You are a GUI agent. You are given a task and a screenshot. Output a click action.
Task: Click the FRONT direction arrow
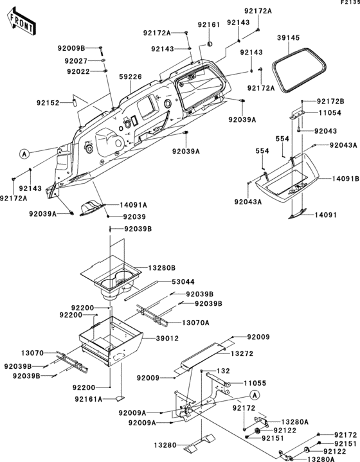pyautogui.click(x=21, y=22)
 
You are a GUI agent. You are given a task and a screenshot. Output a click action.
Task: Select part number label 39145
pyautogui.click(x=289, y=38)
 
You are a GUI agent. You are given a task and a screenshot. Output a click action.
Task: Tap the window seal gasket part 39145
pyautogui.click(x=299, y=70)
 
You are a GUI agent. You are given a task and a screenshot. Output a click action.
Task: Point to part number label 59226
pyautogui.click(x=130, y=77)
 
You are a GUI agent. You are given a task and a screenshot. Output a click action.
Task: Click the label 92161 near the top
pyautogui.click(x=209, y=25)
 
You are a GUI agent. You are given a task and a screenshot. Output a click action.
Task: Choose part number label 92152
pyautogui.click(x=48, y=103)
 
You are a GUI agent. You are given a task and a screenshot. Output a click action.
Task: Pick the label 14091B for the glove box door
pyautogui.click(x=346, y=179)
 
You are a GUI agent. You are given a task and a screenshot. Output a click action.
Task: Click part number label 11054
pyautogui.click(x=330, y=113)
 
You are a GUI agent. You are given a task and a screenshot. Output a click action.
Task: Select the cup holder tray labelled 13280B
pyautogui.click(x=111, y=280)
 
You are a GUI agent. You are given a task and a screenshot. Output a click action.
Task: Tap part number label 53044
pyautogui.click(x=183, y=282)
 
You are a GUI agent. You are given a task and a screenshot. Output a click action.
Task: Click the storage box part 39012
pyautogui.click(x=111, y=341)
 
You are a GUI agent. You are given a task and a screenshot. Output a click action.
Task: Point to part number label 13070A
pyautogui.click(x=195, y=323)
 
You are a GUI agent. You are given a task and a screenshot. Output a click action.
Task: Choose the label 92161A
pyautogui.click(x=88, y=399)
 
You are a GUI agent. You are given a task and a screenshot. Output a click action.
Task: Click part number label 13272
pyautogui.click(x=242, y=353)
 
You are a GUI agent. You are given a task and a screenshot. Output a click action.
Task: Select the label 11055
pyautogui.click(x=255, y=384)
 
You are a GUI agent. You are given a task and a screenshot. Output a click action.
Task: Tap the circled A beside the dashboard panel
pyautogui.click(x=24, y=154)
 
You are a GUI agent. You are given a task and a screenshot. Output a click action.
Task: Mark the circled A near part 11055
pyautogui.click(x=255, y=395)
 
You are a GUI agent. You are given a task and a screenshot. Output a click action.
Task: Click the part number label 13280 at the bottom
pyautogui.click(x=165, y=445)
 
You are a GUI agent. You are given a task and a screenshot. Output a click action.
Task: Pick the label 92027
pyautogui.click(x=76, y=61)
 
